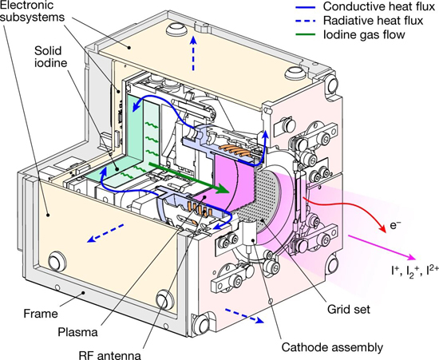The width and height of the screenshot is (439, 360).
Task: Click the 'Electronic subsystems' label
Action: (x=33, y=10)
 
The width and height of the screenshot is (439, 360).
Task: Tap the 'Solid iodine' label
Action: (x=50, y=57)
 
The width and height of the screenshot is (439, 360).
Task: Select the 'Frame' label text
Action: (x=41, y=313)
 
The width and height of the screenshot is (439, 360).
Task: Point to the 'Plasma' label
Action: (x=77, y=332)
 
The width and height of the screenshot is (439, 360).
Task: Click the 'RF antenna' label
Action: (x=110, y=355)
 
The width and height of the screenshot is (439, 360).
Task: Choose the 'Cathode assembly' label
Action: (x=332, y=347)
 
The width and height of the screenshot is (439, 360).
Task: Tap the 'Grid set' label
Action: (x=349, y=310)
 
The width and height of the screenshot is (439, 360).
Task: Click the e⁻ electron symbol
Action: (x=395, y=225)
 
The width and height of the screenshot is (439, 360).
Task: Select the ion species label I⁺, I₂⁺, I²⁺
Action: (x=415, y=271)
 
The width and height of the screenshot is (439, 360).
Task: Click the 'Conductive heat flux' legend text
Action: (x=379, y=6)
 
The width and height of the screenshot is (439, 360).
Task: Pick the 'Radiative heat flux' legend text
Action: (x=373, y=21)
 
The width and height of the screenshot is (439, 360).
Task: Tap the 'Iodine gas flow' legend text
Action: (x=364, y=34)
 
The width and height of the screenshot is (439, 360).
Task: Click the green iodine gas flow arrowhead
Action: (x=223, y=188)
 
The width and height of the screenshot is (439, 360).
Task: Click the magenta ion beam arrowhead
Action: (x=411, y=256)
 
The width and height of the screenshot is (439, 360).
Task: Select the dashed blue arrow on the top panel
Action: (x=192, y=53)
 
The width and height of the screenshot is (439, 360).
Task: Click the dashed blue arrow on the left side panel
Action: (x=105, y=233)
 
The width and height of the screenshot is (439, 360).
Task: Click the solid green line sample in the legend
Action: (x=306, y=35)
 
